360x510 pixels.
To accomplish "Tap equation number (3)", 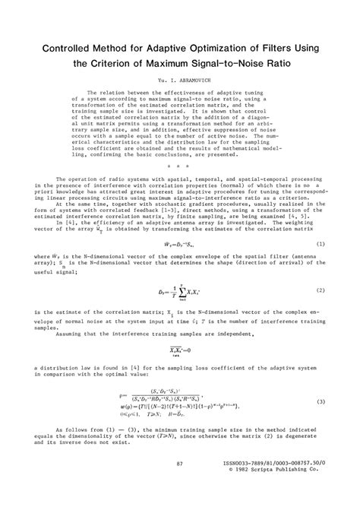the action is pyautogui.click(x=321, y=401).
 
